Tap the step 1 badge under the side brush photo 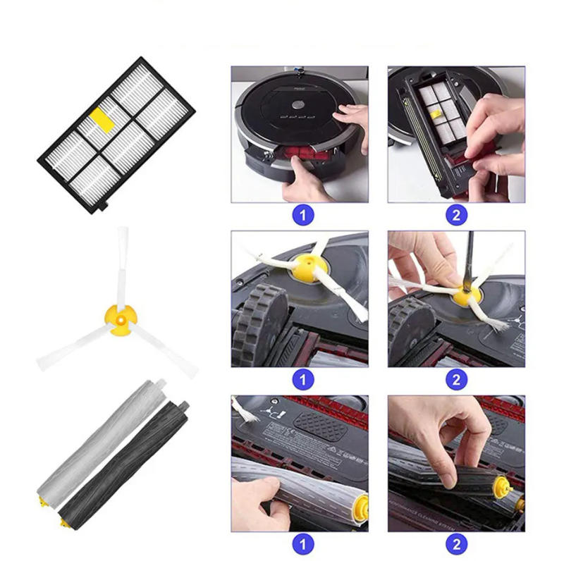(302, 380)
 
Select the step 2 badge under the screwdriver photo (456, 380)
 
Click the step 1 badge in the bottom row (302, 544)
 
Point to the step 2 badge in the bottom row (456, 544)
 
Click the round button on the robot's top (298, 103)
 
